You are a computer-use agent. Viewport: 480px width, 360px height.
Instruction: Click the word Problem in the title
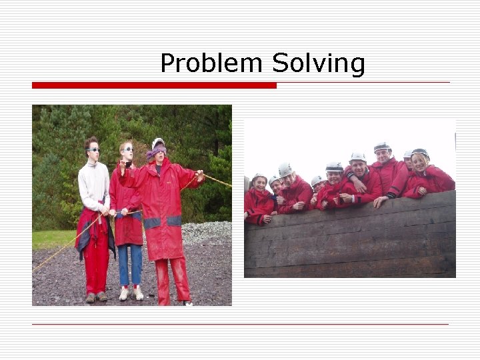211,64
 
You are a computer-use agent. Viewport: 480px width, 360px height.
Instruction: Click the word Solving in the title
319,64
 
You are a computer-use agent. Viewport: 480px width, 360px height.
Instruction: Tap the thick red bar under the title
154,85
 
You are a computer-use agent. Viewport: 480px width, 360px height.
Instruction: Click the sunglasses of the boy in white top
93,149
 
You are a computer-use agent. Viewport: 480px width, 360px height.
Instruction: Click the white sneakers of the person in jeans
131,293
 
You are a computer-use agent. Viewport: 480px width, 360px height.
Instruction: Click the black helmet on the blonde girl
420,153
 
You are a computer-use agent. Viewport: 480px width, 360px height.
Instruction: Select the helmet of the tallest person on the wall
382,146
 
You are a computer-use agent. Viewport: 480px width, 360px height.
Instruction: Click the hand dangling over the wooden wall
379,201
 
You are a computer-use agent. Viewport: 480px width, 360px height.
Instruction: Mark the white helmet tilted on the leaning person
286,170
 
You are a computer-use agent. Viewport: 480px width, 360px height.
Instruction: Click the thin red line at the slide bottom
240,325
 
